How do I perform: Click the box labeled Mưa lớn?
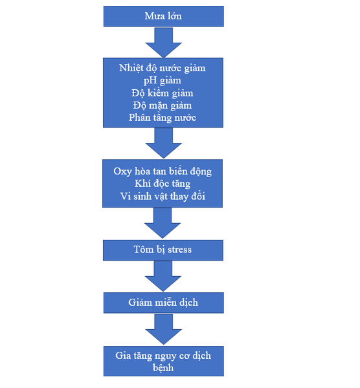pos(164,16)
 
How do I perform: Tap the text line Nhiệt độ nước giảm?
pos(163,68)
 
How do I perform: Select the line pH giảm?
pos(163,81)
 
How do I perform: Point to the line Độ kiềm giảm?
pos(163,93)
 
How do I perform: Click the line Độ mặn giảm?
pos(163,105)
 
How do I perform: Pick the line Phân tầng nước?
pos(163,118)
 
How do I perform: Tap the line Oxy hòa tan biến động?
pos(163,171)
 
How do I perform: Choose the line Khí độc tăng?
pos(163,184)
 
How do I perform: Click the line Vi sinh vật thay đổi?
pos(163,196)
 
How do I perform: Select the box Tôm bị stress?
pos(163,250)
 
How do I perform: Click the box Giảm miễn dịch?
pos(164,303)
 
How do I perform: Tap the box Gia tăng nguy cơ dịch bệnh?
pos(164,361)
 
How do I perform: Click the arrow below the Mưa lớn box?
pos(164,43)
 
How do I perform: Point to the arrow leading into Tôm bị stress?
pos(163,223)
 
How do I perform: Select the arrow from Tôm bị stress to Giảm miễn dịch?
pos(163,276)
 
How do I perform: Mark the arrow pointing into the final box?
pos(164,329)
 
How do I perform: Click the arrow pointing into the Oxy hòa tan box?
pos(164,143)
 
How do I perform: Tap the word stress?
pos(179,250)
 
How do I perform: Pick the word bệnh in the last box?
pos(163,368)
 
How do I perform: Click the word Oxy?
pos(122,172)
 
